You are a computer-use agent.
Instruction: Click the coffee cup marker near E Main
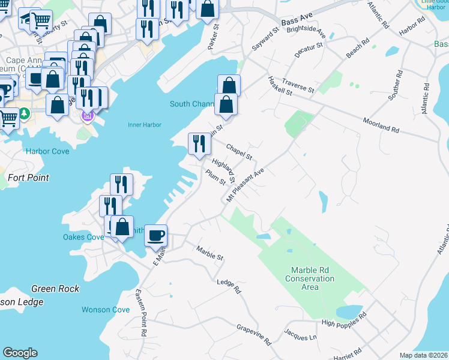[x=156, y=235]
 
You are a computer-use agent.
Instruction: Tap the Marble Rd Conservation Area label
[x=310, y=278]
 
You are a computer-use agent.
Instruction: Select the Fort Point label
[x=28, y=178]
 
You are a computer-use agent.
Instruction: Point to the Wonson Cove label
[x=106, y=310]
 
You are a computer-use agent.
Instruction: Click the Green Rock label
[x=55, y=289]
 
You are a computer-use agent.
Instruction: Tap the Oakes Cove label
[x=83, y=237]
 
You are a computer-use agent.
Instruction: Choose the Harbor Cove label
[x=47, y=151]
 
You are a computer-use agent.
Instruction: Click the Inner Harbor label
[x=145, y=125]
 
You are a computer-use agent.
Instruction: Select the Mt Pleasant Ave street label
[x=246, y=185]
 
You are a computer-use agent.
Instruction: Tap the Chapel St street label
[x=240, y=151]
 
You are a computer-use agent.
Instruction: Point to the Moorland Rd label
[x=381, y=125]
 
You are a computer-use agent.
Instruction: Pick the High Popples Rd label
[x=344, y=323]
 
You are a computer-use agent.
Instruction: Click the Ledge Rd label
[x=229, y=286]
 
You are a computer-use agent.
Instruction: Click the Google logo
[x=20, y=353]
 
